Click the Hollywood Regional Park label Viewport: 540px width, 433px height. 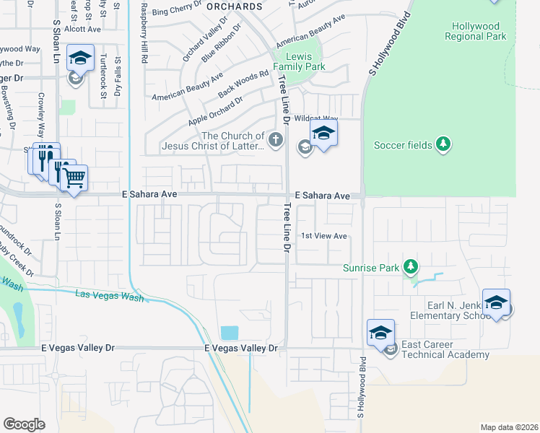pos(476,31)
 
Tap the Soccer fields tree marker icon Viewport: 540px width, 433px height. pos(443,145)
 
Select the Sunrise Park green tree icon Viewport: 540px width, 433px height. pos(411,268)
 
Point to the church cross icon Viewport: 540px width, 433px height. pos(275,139)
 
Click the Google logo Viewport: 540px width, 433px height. pos(25,424)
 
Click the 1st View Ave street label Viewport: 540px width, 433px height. pos(324,236)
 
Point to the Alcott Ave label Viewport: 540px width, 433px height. pos(82,29)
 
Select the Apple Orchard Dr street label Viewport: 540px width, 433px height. pos(215,110)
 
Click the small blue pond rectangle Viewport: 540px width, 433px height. pos(229,333)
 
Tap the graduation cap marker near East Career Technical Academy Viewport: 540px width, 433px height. pos(380,333)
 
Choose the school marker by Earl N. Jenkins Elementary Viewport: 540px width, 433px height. pos(496,302)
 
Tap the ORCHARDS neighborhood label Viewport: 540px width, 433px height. pos(234,6)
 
